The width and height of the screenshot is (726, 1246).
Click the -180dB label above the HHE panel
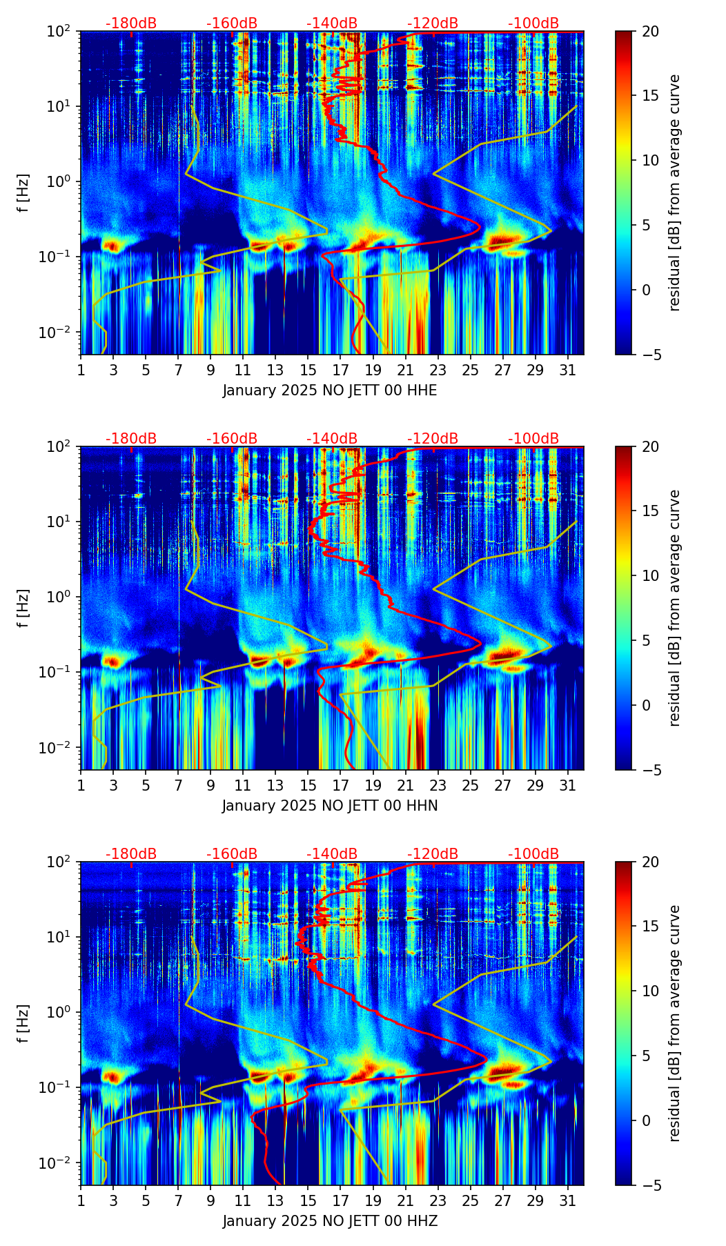click(x=131, y=23)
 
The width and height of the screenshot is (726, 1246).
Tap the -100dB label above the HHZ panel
click(x=533, y=854)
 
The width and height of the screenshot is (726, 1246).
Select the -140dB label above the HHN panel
click(x=332, y=439)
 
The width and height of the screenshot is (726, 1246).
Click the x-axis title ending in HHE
click(x=330, y=390)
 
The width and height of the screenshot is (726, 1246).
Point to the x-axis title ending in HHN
click(x=330, y=806)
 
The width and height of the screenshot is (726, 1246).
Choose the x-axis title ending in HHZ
click(x=330, y=1221)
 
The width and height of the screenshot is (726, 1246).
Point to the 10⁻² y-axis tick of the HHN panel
click(x=61, y=748)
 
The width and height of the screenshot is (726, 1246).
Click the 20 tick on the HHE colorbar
click(x=650, y=32)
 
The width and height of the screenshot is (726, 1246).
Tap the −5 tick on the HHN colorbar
click(x=649, y=769)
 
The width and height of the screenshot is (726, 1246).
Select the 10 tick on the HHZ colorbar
click(x=650, y=991)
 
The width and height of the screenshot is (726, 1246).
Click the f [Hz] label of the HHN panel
click(x=23, y=608)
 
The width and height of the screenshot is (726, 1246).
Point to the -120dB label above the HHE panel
click(x=433, y=23)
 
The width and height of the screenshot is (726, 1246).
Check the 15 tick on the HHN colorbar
click(x=650, y=511)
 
